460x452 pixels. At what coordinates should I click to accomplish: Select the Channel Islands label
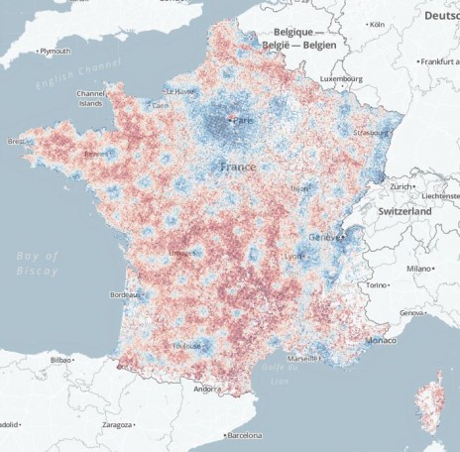coord(90,98)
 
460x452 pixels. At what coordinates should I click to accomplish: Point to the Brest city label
coord(17,141)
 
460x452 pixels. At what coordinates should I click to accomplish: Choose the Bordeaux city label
coord(124,294)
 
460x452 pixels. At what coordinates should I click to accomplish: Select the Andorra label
coord(206,389)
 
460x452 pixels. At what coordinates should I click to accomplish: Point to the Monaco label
coord(381,340)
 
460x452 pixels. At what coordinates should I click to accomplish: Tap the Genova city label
coord(410,313)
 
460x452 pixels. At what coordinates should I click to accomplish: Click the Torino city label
coord(379,285)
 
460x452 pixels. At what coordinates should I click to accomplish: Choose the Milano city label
coord(420,268)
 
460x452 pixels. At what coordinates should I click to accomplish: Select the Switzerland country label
coord(404,212)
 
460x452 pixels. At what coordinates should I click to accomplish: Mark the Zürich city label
coord(402,186)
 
